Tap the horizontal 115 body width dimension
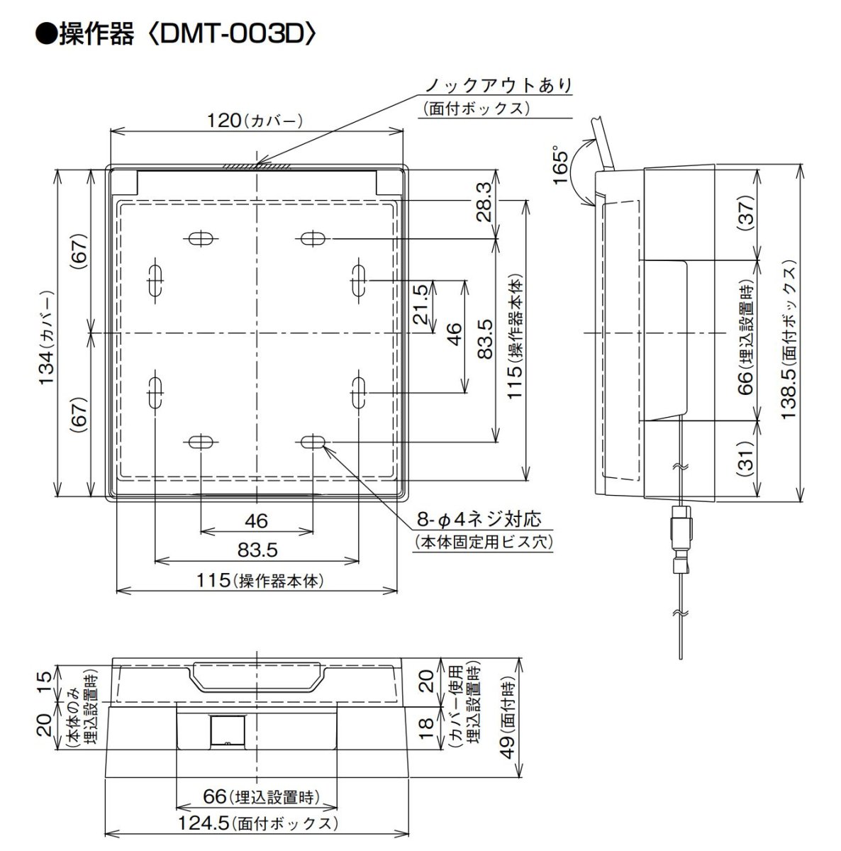pos(257,581)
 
